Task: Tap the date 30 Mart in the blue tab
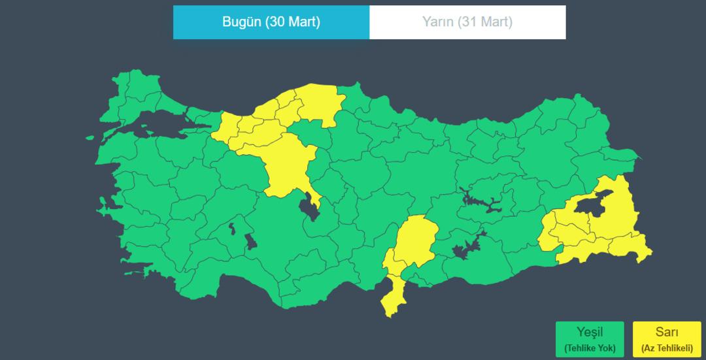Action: point(292,22)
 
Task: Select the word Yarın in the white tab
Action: point(437,22)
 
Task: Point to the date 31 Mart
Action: point(486,22)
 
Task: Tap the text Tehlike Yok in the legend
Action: point(590,348)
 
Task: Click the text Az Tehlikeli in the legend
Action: point(667,348)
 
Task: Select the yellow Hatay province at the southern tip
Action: point(392,294)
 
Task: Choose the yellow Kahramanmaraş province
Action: point(415,238)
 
